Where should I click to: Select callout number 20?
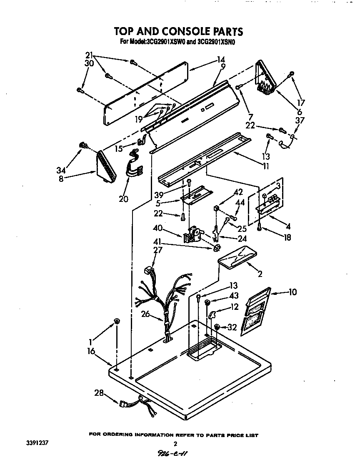pos(123,199)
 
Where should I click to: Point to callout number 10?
pos(292,292)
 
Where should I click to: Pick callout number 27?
pos(158,250)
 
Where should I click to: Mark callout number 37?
pos(300,120)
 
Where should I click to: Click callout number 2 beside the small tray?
pos(260,274)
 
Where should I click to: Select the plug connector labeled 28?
pos(124,404)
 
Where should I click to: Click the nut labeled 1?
pos(117,321)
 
